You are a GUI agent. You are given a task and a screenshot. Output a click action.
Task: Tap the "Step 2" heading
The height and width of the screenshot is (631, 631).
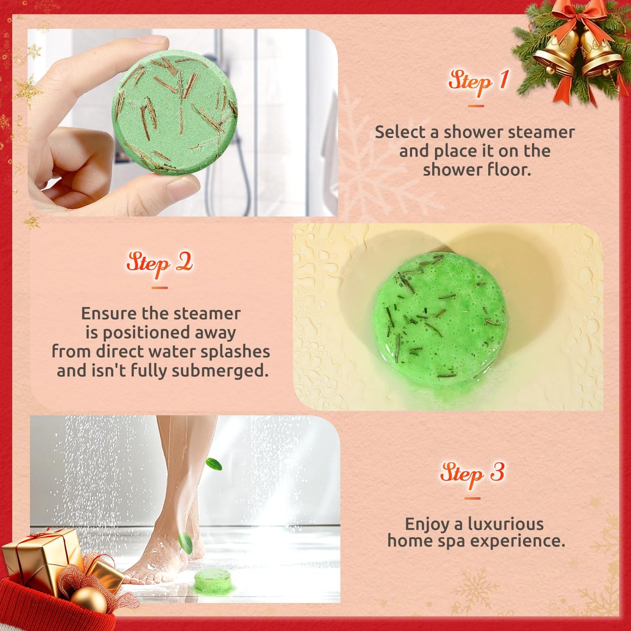coord(159,263)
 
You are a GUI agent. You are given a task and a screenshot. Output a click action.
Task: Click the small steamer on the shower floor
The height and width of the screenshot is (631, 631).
coord(213,580)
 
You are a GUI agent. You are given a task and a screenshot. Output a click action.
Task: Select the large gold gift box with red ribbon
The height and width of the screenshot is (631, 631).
coord(41,555)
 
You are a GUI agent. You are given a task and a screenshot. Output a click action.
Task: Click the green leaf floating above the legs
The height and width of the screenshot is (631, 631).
coord(214,464)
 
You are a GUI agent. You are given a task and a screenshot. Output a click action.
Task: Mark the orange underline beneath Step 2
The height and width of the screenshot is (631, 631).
coord(159,288)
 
